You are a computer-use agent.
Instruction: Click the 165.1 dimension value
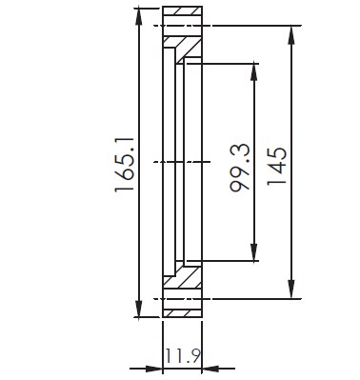click(x=124, y=164)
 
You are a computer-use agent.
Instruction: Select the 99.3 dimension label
click(x=240, y=168)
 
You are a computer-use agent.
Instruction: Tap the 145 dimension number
click(x=277, y=166)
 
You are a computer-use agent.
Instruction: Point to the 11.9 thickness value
click(x=183, y=356)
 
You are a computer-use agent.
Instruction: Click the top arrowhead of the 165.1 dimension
click(x=139, y=16)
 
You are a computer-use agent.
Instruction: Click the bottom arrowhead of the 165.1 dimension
click(x=139, y=308)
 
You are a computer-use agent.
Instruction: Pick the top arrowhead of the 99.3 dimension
click(x=253, y=72)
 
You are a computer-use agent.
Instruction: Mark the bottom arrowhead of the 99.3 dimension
click(x=253, y=252)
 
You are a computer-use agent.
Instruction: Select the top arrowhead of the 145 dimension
click(x=291, y=35)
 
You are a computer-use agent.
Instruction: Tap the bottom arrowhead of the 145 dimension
click(x=291, y=290)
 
